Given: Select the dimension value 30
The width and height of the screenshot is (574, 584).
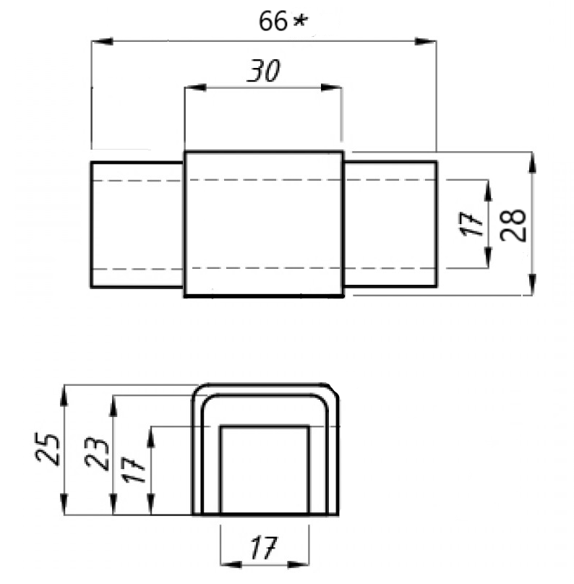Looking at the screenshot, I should pyautogui.click(x=263, y=72).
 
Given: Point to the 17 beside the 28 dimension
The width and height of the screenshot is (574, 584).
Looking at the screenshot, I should pyautogui.click(x=472, y=225).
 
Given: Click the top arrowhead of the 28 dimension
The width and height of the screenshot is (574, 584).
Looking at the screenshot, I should pyautogui.click(x=534, y=161).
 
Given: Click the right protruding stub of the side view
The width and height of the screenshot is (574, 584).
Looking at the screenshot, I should pyautogui.click(x=390, y=224).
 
